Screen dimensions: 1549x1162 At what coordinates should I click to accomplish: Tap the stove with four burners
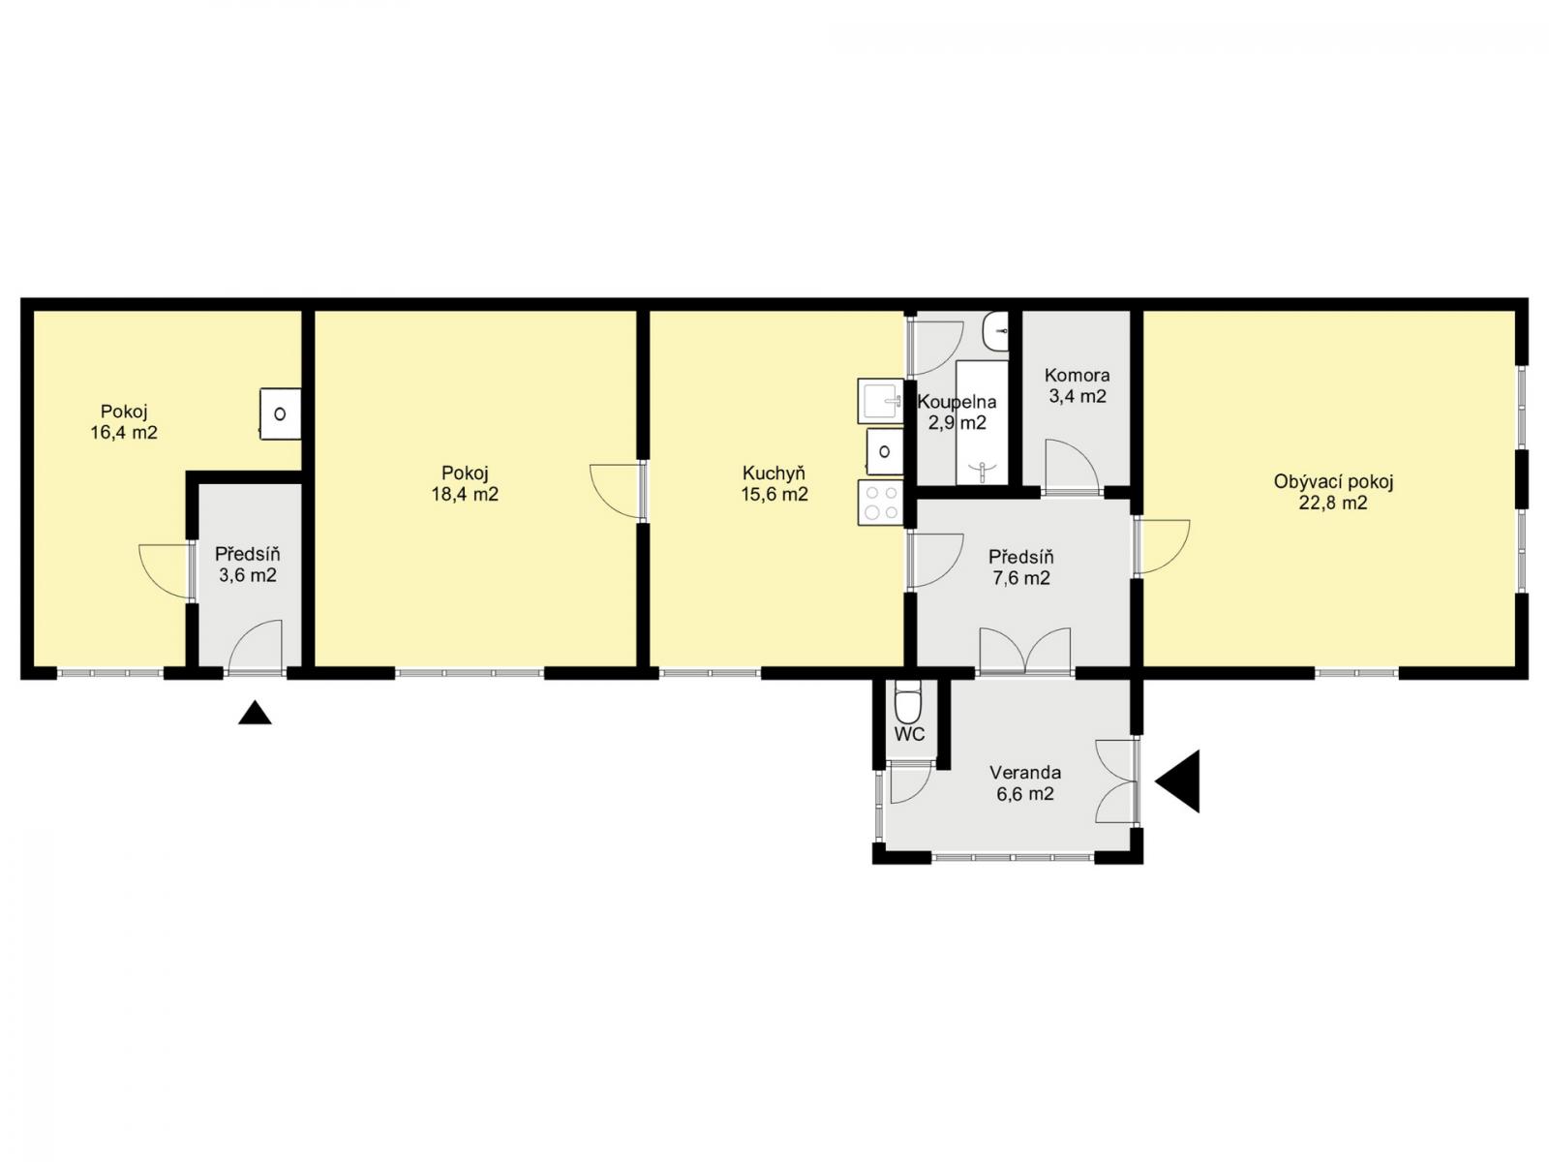[881, 503]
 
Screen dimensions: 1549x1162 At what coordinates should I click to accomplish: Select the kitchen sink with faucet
[880, 401]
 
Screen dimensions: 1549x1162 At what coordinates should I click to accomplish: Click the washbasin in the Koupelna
[996, 331]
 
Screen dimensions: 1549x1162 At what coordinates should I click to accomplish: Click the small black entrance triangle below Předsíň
[255, 713]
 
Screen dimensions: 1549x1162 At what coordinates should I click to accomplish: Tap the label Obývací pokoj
[1333, 482]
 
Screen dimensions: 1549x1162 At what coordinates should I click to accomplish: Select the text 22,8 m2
[1333, 503]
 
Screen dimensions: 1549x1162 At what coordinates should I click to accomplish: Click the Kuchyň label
[774, 474]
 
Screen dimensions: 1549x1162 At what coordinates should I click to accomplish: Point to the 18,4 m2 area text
[465, 494]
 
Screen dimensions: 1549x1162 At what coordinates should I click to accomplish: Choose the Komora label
[1077, 376]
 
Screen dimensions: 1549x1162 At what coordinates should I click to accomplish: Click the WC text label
[910, 734]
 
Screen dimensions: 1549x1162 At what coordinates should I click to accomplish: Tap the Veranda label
[1024, 773]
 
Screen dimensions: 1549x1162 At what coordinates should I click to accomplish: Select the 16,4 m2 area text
[124, 433]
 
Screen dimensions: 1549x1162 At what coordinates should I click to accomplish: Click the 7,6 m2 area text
[1021, 578]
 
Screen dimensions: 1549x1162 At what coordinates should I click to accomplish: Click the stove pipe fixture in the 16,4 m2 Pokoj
[280, 413]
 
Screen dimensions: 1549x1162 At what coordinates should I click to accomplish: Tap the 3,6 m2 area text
[247, 575]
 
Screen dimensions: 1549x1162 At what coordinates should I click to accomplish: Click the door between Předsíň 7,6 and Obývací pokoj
[1162, 546]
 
